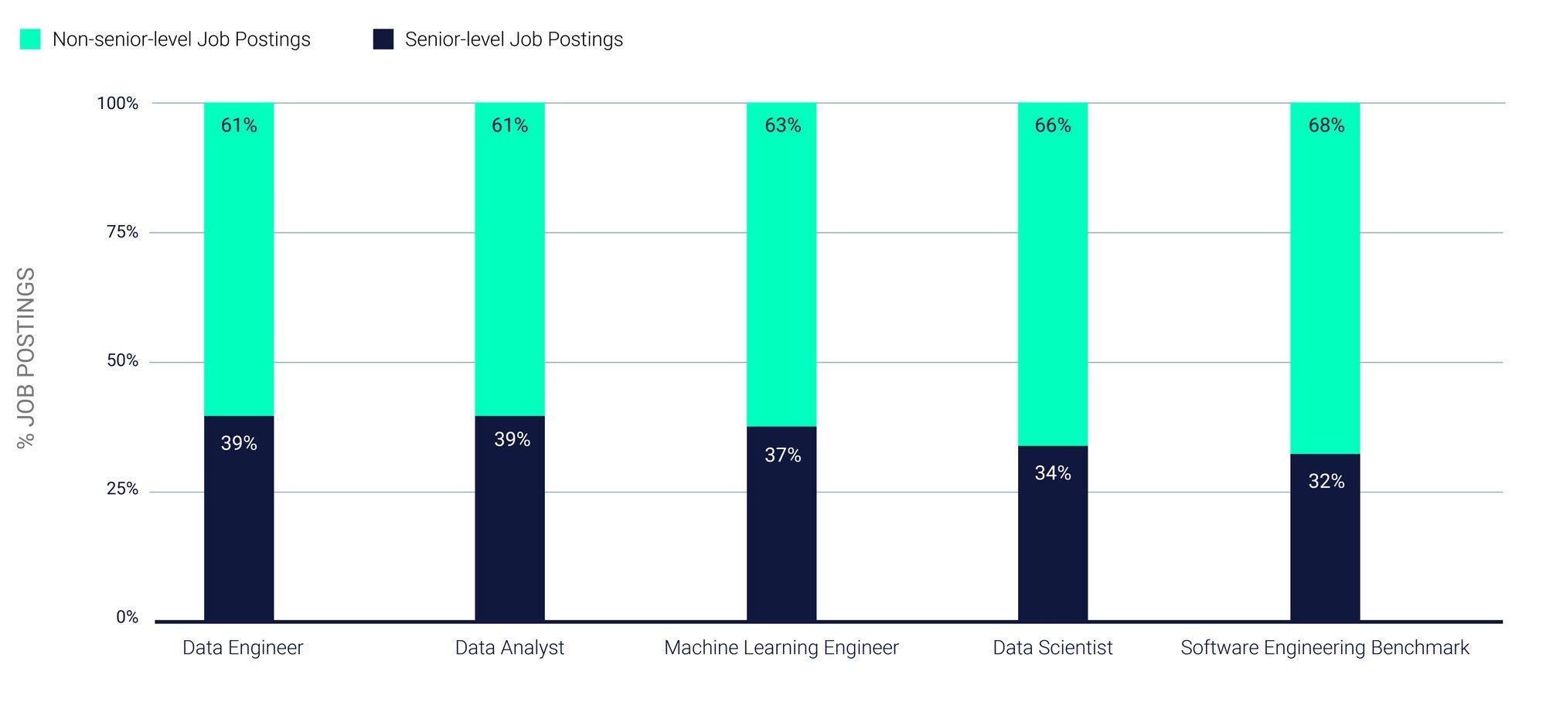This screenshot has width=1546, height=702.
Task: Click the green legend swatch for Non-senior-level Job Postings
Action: pyautogui.click(x=30, y=39)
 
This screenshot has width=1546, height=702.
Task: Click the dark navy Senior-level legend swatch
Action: pyautogui.click(x=383, y=39)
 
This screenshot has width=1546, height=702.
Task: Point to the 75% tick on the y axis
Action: pyautogui.click(x=122, y=232)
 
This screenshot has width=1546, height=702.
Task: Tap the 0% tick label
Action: pyautogui.click(x=127, y=617)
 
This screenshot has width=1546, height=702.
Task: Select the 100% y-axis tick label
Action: pyautogui.click(x=117, y=104)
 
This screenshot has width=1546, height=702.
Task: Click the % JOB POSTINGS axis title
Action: pyautogui.click(x=26, y=357)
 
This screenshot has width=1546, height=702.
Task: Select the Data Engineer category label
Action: pyautogui.click(x=243, y=648)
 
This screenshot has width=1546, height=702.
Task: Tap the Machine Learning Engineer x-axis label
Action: pyautogui.click(x=781, y=648)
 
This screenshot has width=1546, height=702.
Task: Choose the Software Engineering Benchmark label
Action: pyautogui.click(x=1324, y=648)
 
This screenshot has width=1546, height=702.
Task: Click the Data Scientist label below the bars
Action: pyautogui.click(x=1052, y=648)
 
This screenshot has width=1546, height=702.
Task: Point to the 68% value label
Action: pyautogui.click(x=1326, y=125)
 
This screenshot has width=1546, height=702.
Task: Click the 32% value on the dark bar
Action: pyautogui.click(x=1326, y=482)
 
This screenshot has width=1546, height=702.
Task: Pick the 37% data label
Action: pyautogui.click(x=782, y=455)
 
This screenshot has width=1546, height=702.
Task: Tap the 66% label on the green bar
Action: pyautogui.click(x=1053, y=125)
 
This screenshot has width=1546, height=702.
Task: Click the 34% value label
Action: pyautogui.click(x=1053, y=473)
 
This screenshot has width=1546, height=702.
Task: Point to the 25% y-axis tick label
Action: pyautogui.click(x=122, y=489)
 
